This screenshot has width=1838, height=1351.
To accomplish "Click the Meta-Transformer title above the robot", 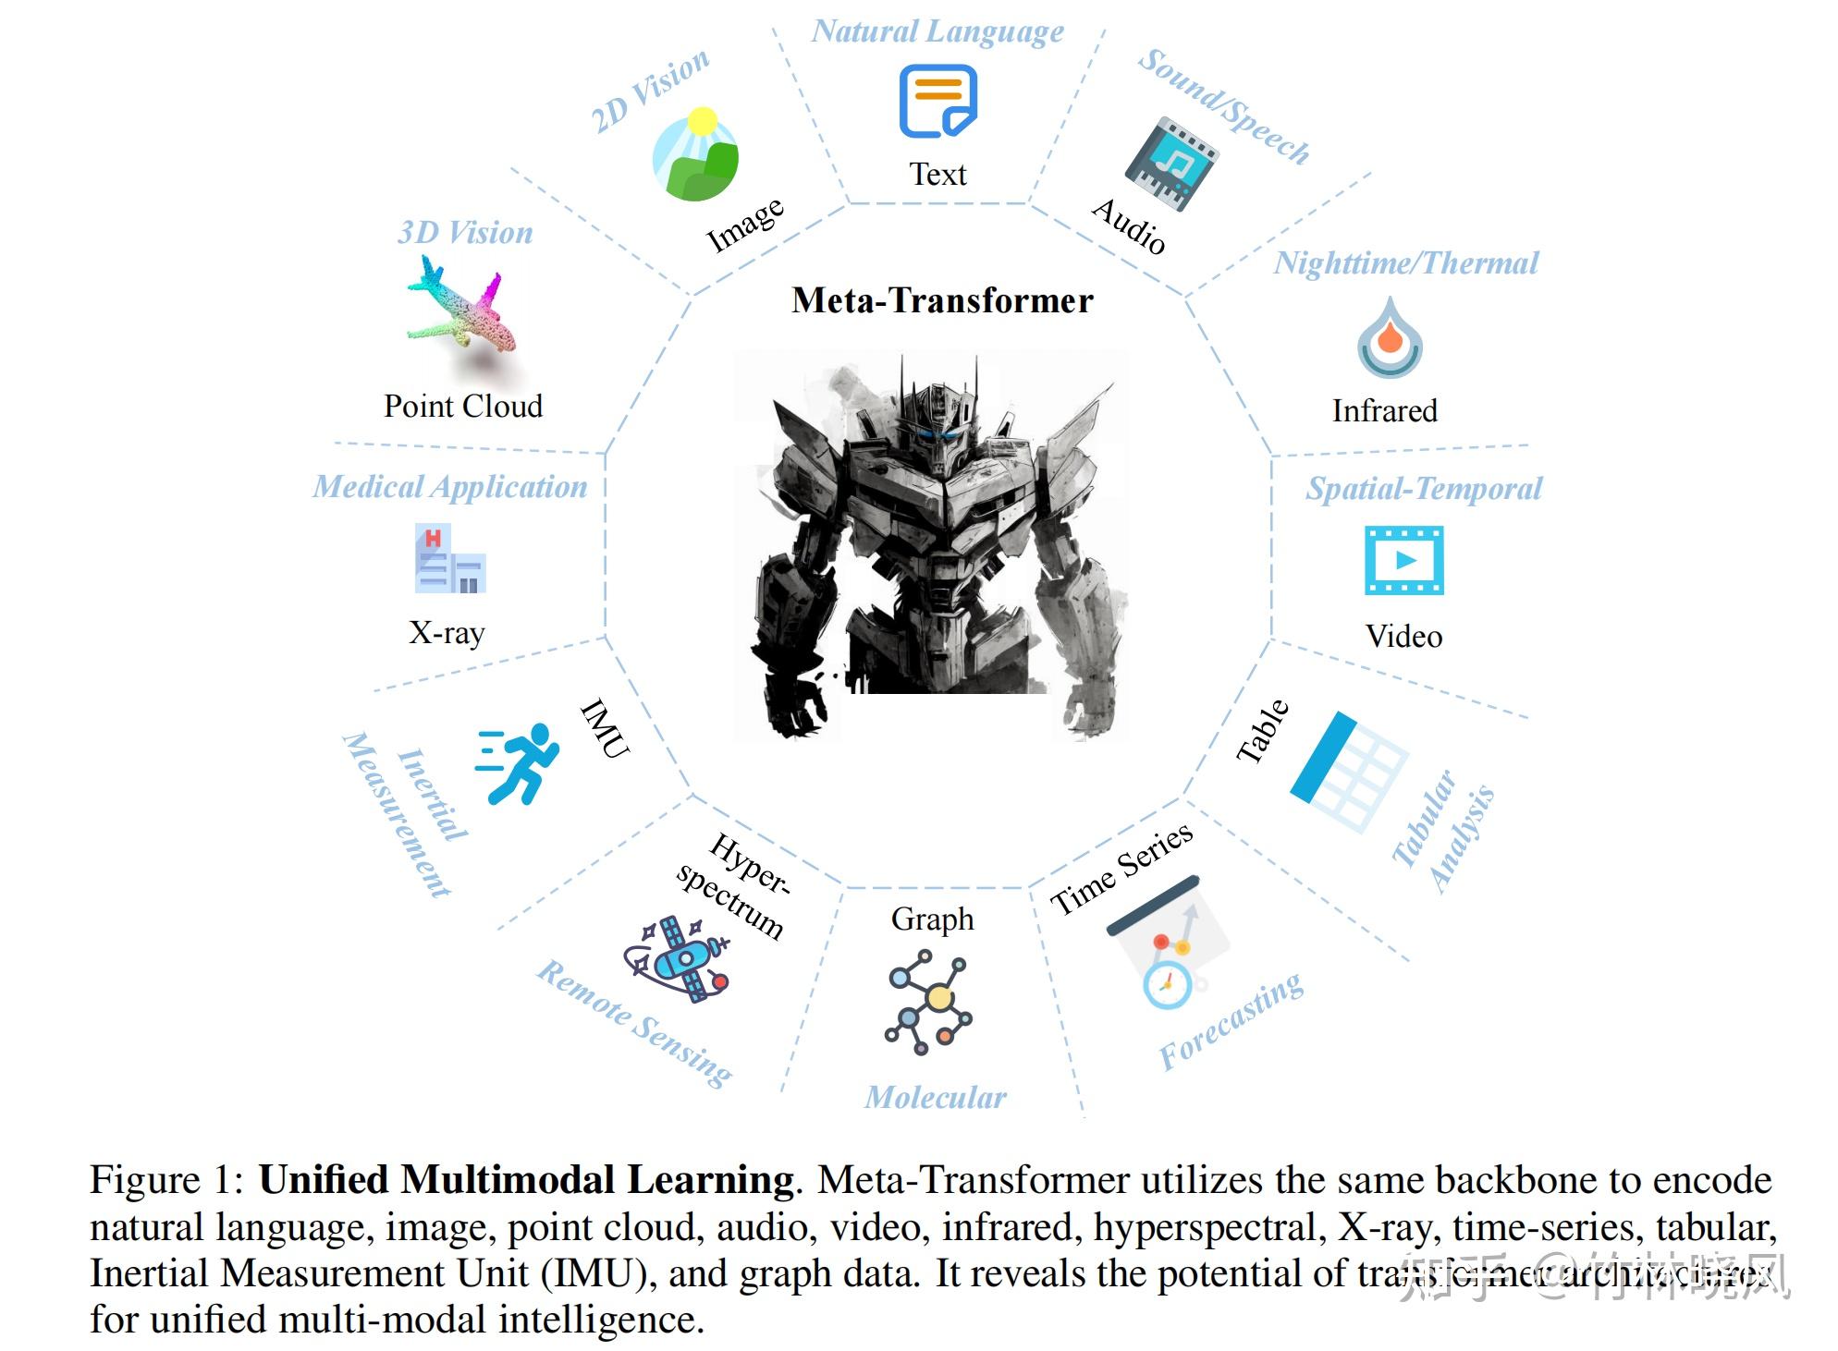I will point(941,300).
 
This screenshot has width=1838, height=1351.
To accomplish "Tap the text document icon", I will point(937,101).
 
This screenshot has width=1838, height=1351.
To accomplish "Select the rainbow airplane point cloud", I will point(459,309).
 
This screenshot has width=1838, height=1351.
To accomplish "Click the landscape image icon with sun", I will point(695,154).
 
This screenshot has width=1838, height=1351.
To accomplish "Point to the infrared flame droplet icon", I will point(1389,338).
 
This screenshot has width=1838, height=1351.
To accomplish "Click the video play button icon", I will point(1403,560).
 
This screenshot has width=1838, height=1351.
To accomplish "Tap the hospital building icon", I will point(449,559).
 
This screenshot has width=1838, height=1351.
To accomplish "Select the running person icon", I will point(518,762).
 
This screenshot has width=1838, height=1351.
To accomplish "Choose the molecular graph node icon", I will point(929,1002).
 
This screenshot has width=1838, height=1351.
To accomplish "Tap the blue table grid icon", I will point(1347,771).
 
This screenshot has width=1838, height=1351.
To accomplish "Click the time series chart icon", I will point(1167,943).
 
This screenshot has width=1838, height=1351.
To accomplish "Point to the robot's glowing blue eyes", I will point(938,434).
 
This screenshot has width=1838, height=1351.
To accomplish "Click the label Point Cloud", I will point(463,406).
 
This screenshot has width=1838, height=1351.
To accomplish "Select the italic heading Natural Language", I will point(937,31).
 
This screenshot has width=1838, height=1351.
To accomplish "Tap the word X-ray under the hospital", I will point(447,633).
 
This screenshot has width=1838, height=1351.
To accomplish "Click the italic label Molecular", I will point(935,1097).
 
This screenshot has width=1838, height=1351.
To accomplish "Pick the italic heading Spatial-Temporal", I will point(1423,488).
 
